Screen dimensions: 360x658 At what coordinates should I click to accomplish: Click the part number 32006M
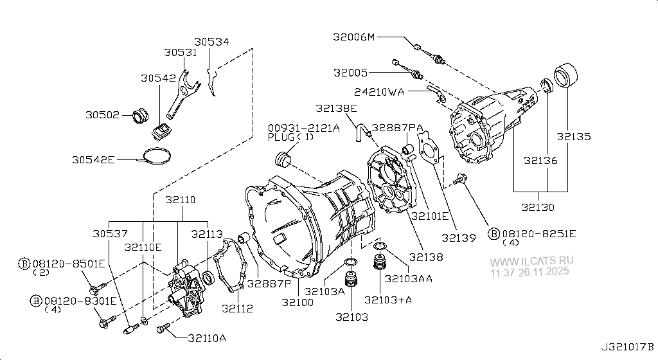tap(353, 37)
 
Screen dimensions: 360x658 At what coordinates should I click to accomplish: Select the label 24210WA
tap(378, 92)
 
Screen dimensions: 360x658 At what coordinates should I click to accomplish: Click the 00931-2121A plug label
tap(303, 128)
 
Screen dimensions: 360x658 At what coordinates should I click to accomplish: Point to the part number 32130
tap(538, 208)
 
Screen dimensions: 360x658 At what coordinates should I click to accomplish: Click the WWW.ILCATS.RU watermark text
tap(533, 262)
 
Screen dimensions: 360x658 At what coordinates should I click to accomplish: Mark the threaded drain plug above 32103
tap(351, 281)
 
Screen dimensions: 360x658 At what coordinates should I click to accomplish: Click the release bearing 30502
tap(140, 116)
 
